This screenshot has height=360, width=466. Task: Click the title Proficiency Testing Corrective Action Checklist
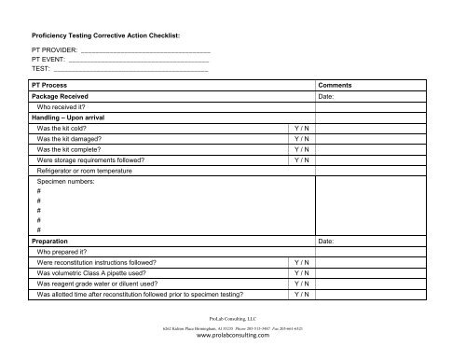tap(105, 34)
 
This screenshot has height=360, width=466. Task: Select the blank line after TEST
tap(130, 70)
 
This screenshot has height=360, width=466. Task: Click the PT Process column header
tap(53, 85)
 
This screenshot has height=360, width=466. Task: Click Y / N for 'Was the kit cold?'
tap(301, 128)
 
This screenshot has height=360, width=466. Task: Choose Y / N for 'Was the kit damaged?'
tap(301, 138)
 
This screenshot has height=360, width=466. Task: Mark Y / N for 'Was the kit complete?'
tap(301, 148)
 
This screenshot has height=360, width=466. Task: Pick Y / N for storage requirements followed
tap(301, 159)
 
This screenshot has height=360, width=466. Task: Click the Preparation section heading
tap(55, 241)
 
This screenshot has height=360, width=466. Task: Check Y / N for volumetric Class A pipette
tap(301, 272)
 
